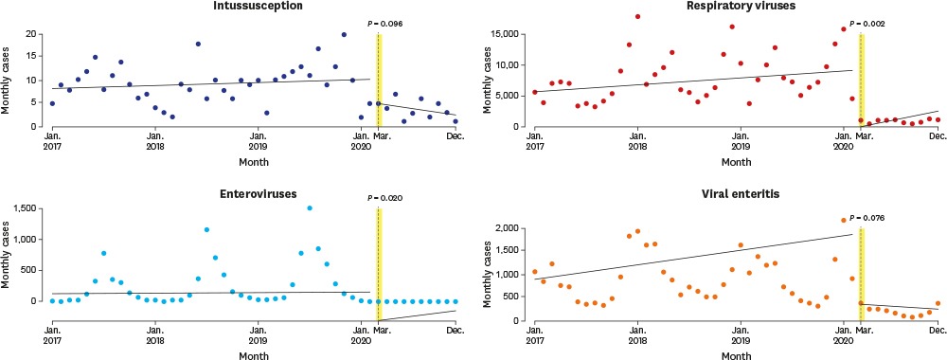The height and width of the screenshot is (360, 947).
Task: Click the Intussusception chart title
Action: click(x=253, y=6)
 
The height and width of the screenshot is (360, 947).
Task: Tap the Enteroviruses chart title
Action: click(x=253, y=193)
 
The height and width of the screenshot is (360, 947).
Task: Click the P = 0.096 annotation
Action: click(x=384, y=24)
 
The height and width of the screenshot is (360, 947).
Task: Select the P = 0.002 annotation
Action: click(x=867, y=24)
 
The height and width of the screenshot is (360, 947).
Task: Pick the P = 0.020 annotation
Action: click(x=384, y=197)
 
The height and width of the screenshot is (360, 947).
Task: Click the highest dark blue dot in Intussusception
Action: click(x=344, y=34)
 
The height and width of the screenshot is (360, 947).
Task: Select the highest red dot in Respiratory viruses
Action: click(x=637, y=16)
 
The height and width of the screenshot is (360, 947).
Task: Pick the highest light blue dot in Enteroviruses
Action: click(x=310, y=207)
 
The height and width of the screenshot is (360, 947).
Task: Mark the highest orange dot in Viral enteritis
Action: click(x=843, y=220)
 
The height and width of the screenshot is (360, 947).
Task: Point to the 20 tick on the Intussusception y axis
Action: click(x=35, y=34)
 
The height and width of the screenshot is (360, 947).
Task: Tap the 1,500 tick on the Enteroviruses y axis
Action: click(x=29, y=208)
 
